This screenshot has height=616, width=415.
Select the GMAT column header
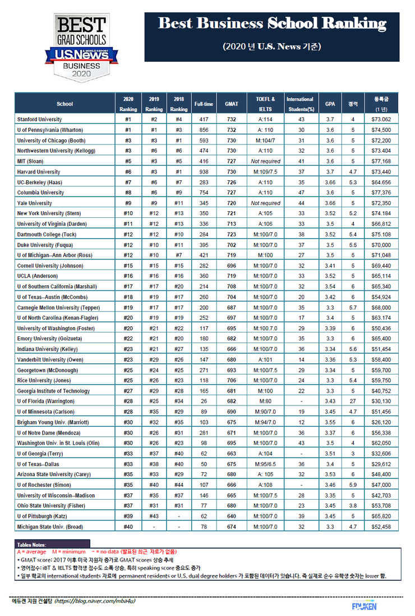[231, 104]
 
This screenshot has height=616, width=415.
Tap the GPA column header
[330, 104]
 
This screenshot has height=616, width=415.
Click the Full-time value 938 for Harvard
[204, 172]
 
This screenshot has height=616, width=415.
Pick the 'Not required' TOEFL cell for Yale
[265, 203]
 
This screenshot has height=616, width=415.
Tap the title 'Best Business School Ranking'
[272, 24]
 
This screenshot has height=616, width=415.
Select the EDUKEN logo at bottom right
[364, 605]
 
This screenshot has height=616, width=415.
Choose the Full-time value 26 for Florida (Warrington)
[204, 401]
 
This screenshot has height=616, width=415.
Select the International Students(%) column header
[300, 104]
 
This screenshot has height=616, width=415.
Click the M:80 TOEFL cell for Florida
[265, 401]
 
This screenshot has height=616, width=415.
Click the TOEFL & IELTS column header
[265, 104]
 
